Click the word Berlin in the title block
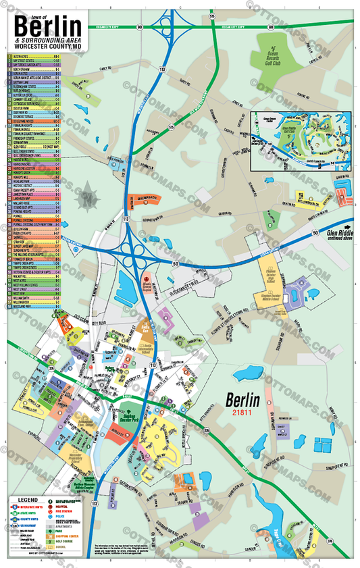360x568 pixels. pyautogui.click(x=47, y=28)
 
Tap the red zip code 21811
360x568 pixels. pyautogui.click(x=241, y=412)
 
